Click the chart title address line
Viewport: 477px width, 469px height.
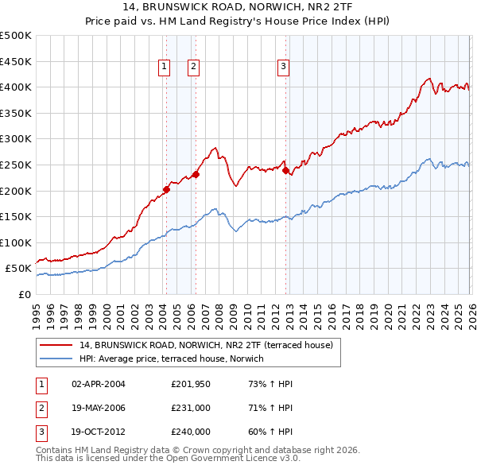pyautogui.click(x=238, y=8)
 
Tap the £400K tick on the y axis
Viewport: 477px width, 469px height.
pyautogui.click(x=16, y=87)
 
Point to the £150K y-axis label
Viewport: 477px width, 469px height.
pyautogui.click(x=16, y=216)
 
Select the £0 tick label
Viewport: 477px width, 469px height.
pyautogui.click(x=24, y=294)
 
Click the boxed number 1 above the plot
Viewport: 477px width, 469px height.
pyautogui.click(x=165, y=68)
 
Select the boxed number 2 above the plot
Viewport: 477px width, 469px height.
pyautogui.click(x=193, y=68)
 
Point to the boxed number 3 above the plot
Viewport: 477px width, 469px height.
pyautogui.click(x=283, y=68)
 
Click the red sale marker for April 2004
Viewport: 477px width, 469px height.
pyautogui.click(x=166, y=189)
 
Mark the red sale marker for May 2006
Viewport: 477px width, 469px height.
pyautogui.click(x=196, y=174)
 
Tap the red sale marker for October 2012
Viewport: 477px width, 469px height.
pyautogui.click(x=285, y=169)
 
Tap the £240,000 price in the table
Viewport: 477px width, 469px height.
pyautogui.click(x=190, y=433)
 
